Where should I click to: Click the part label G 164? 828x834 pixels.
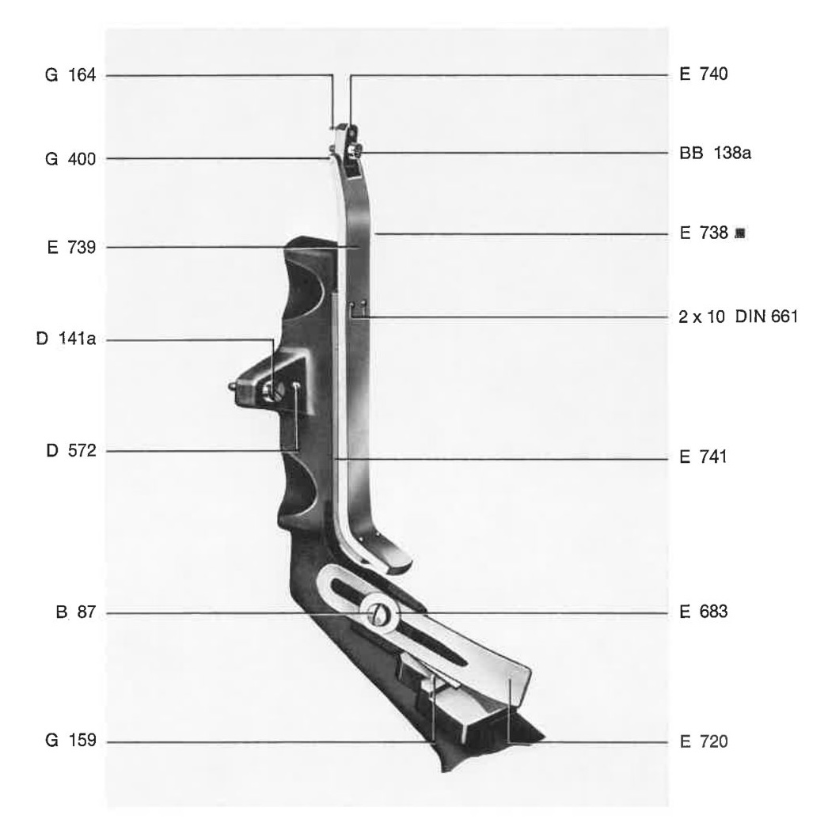click(x=70, y=75)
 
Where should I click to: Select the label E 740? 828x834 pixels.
click(x=704, y=74)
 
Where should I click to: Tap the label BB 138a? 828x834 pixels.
click(x=715, y=154)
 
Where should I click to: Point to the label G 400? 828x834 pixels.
click(x=70, y=159)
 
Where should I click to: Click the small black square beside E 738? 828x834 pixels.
click(x=739, y=233)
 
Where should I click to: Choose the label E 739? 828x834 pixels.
click(x=71, y=248)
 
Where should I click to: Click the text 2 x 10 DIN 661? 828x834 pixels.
click(x=738, y=317)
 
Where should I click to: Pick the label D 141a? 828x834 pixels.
click(x=66, y=339)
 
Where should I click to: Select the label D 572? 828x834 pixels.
click(x=71, y=451)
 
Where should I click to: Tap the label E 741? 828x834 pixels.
click(x=703, y=457)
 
